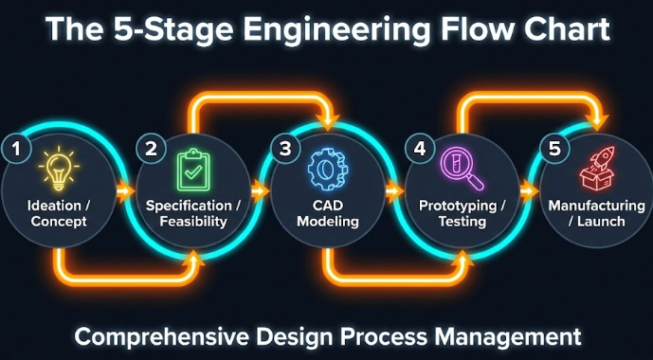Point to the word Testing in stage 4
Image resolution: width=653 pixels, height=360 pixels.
click(x=463, y=222)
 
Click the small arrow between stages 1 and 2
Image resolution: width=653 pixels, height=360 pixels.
click(x=123, y=191)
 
